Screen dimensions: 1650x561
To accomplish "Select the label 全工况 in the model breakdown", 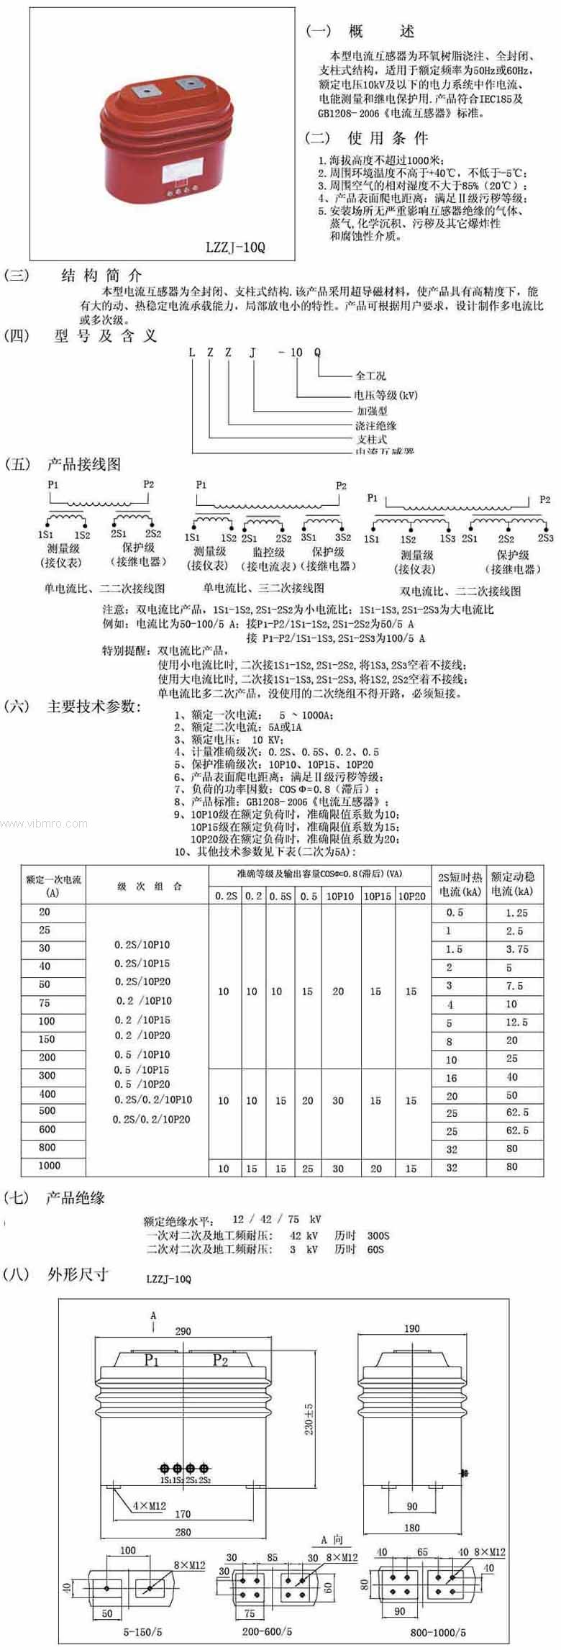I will pyautogui.click(x=370, y=376).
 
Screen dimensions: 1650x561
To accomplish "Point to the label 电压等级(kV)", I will pyautogui.click(x=385, y=394).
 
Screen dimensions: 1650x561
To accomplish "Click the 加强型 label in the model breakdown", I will pyautogui.click(x=373, y=411).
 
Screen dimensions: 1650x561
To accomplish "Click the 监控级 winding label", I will pyautogui.click(x=268, y=552).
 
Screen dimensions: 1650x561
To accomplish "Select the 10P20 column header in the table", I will pyautogui.click(x=411, y=896).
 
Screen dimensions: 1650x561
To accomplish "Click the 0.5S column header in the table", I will pyautogui.click(x=280, y=896).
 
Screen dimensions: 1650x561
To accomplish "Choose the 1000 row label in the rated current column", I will pyautogui.click(x=49, y=1165).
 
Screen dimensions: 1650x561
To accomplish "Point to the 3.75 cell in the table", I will pyautogui.click(x=516, y=949).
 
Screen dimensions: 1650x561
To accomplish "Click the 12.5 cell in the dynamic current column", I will pyautogui.click(x=516, y=1022).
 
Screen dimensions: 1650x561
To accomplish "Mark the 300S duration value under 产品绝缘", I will pyautogui.click(x=378, y=1236).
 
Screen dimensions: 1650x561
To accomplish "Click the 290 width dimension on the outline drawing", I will pyautogui.click(x=183, y=1331).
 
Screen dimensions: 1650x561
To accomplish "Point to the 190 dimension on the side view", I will pyautogui.click(x=411, y=1328).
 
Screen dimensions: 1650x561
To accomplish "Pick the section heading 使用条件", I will pyautogui.click(x=388, y=137).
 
